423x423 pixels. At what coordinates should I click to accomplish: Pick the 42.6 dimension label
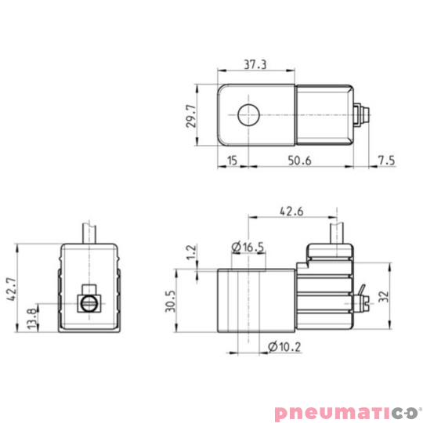click(x=291, y=210)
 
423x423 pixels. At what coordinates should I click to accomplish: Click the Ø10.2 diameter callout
click(x=284, y=345)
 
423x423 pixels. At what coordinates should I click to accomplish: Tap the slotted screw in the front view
click(x=89, y=301)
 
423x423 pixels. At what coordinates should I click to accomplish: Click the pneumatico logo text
click(x=336, y=411)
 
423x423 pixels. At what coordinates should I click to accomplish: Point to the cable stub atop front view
click(x=89, y=233)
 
